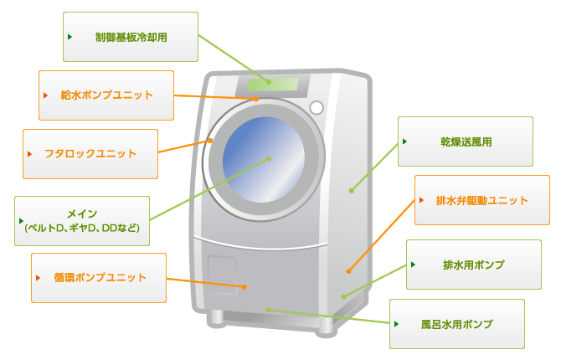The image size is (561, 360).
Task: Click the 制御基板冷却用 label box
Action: coord(131,37)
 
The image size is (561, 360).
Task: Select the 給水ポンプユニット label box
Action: coord(106,95)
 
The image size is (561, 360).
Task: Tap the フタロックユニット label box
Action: coord(90,154)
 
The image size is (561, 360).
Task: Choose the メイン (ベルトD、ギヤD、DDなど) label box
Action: coord(82,221)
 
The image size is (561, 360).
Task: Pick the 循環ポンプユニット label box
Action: coord(99,278)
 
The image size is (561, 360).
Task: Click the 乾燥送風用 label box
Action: coord(465,141)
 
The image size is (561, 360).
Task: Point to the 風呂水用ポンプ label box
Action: coord(456,324)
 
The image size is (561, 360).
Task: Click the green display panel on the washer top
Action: coord(272,84)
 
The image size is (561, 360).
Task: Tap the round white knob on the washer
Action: coord(317,108)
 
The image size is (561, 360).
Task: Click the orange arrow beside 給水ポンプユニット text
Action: coord(46,95)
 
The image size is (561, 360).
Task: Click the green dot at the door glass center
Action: coord(269,158)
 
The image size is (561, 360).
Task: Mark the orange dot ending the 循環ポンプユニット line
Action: coord(244,286)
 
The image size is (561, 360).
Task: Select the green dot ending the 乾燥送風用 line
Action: coord(352,191)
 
